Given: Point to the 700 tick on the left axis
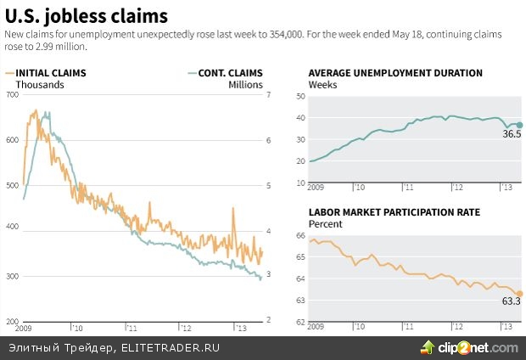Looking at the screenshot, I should tap(13, 95).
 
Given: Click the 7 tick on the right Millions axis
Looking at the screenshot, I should tap(268, 95).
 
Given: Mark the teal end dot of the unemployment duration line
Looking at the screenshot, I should tap(519, 126).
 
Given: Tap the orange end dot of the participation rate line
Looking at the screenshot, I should tap(519, 294).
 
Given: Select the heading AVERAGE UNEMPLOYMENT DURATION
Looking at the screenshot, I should tap(395, 73).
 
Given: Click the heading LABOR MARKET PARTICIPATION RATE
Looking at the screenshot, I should tap(394, 212).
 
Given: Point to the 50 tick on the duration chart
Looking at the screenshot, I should tap(299, 95).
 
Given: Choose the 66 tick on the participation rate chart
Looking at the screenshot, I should tap(299, 234).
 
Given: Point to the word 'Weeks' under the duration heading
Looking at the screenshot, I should tap(322, 85).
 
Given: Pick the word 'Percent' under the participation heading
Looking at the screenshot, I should tap(326, 224).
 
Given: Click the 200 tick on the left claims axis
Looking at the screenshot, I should tap(13, 319).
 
